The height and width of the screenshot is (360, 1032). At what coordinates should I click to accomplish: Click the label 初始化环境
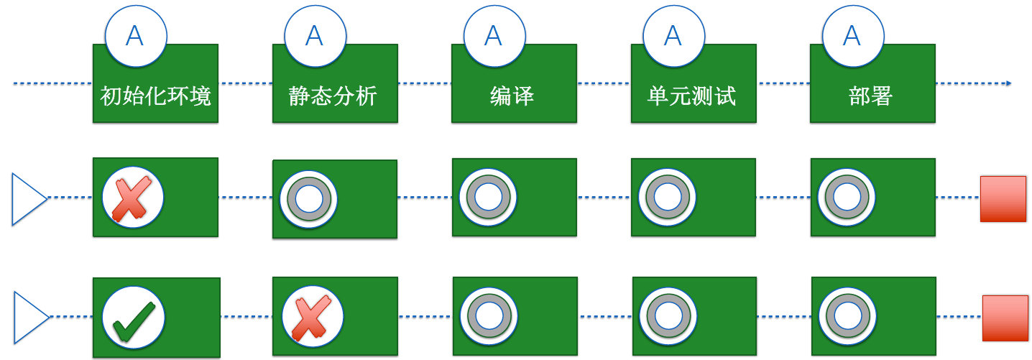coord(156,96)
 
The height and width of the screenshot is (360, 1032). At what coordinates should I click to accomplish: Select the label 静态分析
coord(333,96)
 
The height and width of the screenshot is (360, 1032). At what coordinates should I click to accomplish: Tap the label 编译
coord(512,96)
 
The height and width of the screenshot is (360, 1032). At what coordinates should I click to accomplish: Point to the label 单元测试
coord(691,96)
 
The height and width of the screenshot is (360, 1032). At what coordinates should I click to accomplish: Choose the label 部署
coord(870,96)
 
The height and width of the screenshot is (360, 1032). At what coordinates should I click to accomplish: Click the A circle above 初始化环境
coord(135,35)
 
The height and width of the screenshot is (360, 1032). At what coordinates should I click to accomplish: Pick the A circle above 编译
coord(493,35)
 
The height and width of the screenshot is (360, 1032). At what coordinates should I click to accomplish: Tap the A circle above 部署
coord(852,35)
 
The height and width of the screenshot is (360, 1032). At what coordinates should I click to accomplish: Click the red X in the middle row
coord(133,198)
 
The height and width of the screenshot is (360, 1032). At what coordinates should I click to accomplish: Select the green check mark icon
coord(134,318)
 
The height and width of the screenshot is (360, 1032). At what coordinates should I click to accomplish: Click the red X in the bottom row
coord(312,317)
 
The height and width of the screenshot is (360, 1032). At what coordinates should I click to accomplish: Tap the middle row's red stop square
coord(1003,198)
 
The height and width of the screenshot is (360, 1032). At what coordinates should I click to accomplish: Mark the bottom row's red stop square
coord(1005,318)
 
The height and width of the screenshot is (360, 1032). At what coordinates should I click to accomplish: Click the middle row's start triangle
coord(27,198)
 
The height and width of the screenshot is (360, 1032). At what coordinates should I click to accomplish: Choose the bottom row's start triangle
coord(28,317)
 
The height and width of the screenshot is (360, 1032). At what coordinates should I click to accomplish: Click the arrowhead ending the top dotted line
coord(1008,83)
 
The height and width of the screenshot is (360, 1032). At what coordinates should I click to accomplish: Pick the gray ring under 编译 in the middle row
coord(489,198)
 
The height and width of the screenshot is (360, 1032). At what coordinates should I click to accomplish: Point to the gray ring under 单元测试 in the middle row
coord(668,198)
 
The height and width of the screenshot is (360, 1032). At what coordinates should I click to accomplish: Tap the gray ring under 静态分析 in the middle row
coord(309,199)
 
